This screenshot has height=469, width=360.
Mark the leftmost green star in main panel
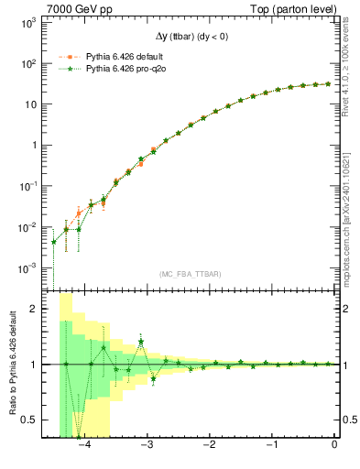[54, 242]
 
